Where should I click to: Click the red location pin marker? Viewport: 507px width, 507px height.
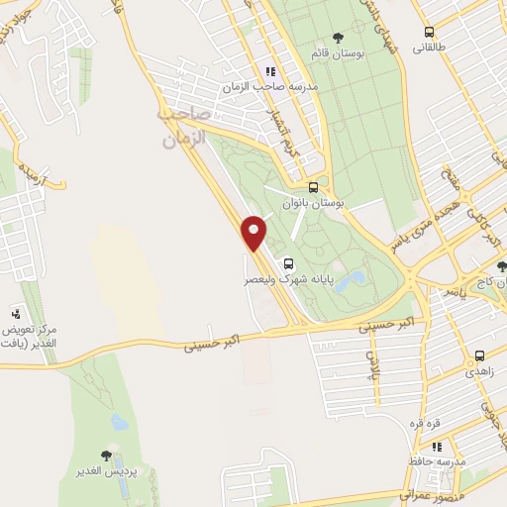pos(254,232)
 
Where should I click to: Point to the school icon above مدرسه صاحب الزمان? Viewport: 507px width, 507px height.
pos(269,71)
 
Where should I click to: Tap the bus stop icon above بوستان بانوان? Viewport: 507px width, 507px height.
pos(314,186)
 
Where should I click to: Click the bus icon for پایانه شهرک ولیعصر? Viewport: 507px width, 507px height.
pos(288,264)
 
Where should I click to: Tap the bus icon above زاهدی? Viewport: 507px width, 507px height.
pos(479,355)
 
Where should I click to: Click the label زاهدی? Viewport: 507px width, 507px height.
pos(478,370)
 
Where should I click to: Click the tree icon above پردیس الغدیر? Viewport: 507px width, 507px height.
pos(107,456)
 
